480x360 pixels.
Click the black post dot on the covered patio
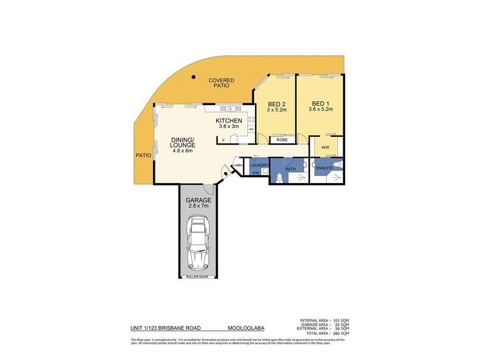click(x=193, y=77)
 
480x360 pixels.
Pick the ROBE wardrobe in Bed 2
click(x=282, y=140)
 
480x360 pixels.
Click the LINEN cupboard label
click(x=238, y=165)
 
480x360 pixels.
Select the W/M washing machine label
click(x=255, y=173)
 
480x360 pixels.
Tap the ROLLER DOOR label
click(x=198, y=277)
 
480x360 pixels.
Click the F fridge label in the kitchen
click(x=223, y=140)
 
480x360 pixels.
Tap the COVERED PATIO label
click(x=221, y=83)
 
